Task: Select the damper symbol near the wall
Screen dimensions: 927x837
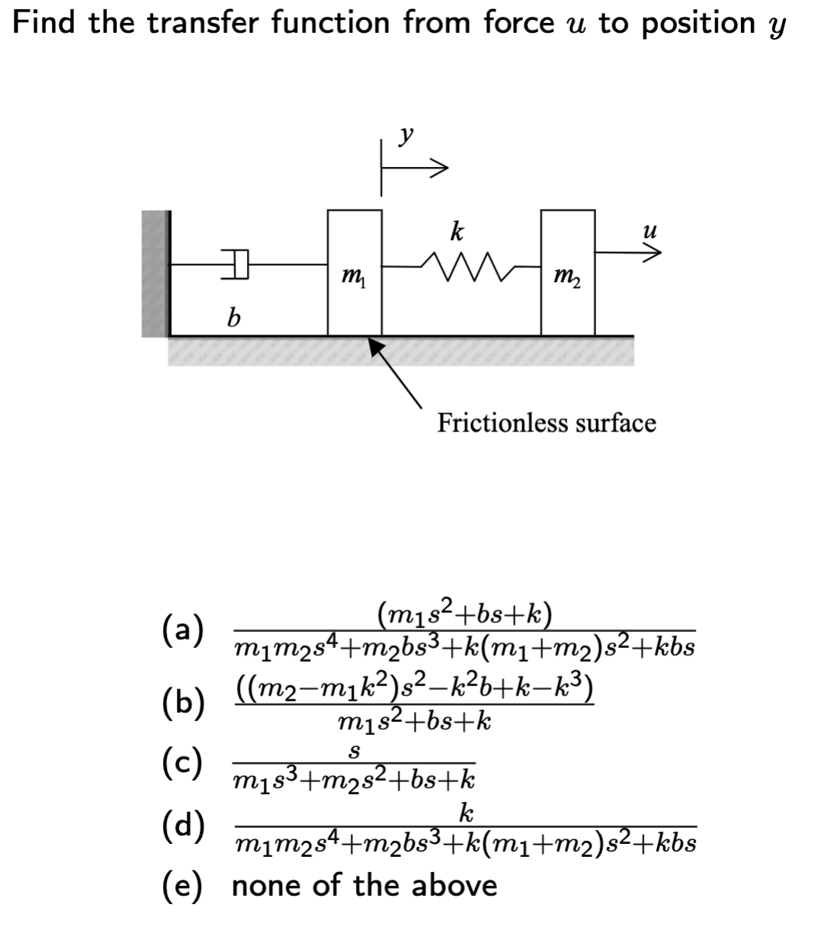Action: [x=238, y=265]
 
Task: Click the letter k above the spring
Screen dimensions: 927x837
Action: [x=456, y=230]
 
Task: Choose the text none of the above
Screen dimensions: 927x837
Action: [x=364, y=885]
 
